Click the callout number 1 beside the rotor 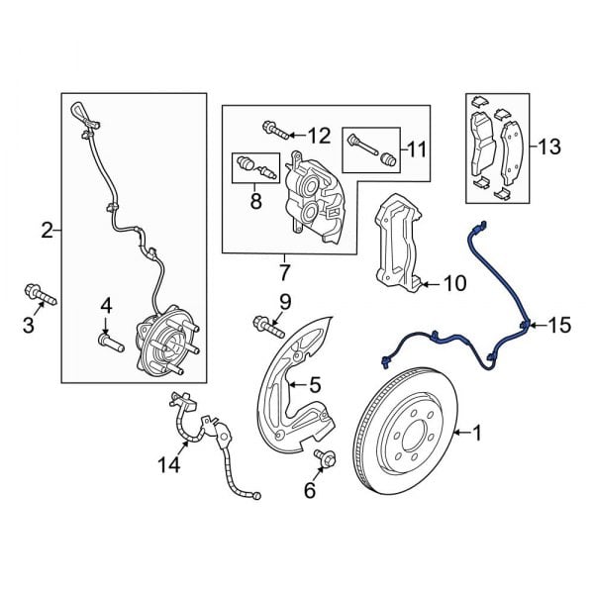coord(476,433)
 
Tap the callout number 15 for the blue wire coord(559,325)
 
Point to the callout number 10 coord(453,285)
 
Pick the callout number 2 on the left coord(47,232)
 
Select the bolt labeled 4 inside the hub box coord(110,343)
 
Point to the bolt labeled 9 coord(264,322)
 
